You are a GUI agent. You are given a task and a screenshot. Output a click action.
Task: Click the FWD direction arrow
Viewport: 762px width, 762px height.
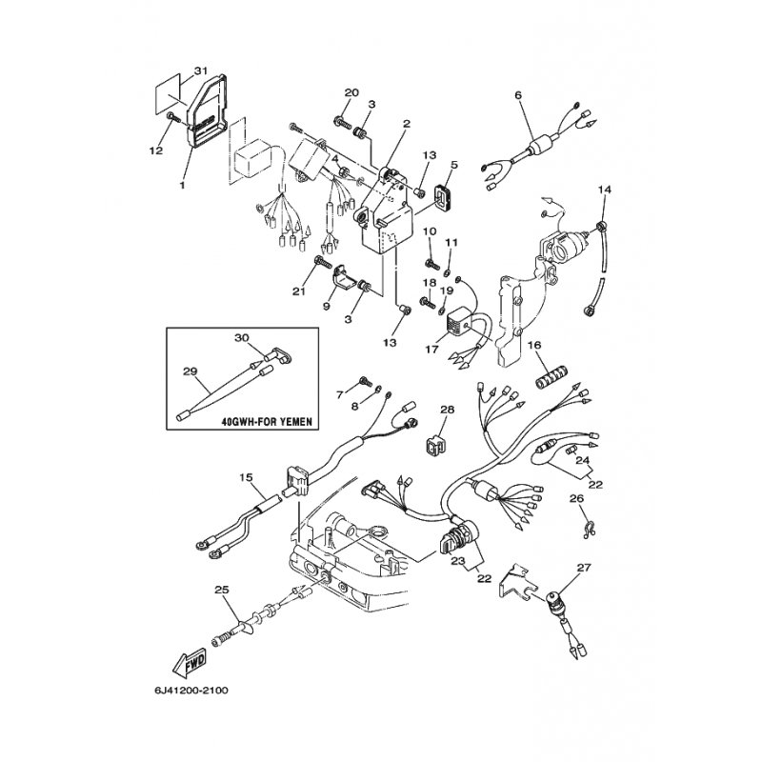[190, 663]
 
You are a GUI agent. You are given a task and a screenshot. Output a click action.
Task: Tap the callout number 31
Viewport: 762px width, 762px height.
[200, 70]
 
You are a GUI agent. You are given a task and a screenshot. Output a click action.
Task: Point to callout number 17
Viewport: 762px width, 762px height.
[431, 349]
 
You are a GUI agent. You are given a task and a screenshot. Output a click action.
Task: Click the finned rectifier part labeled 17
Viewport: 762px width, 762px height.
[460, 318]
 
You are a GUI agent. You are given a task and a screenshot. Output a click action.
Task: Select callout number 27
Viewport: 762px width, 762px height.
[584, 568]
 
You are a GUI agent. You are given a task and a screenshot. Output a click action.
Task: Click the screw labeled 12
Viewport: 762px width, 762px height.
[173, 116]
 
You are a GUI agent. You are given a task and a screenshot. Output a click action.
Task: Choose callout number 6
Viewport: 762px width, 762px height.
[518, 95]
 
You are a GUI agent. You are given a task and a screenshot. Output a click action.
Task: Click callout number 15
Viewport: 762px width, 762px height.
[247, 477]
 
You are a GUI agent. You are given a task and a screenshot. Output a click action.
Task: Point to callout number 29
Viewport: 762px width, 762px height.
[190, 371]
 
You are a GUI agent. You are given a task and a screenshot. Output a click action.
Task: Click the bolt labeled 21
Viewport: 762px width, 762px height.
[323, 263]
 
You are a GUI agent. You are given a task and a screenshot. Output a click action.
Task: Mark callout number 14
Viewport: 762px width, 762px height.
[605, 189]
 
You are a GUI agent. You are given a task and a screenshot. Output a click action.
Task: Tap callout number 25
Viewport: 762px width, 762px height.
[222, 590]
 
